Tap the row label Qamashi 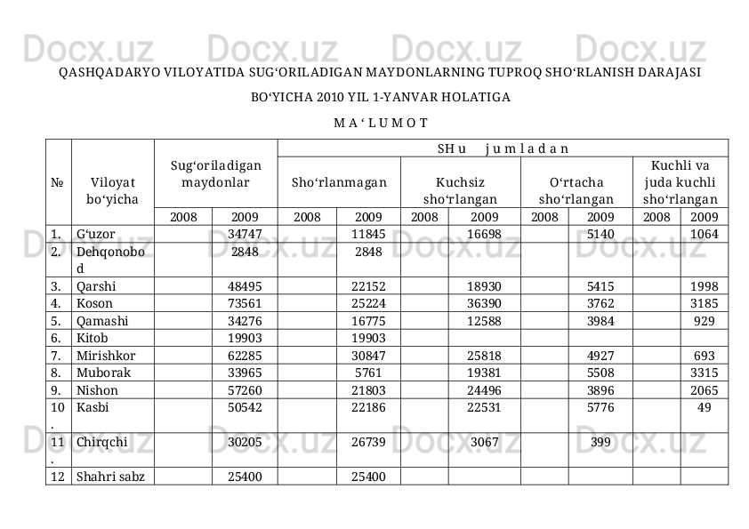(x=101, y=321)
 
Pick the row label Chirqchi (x=101, y=442)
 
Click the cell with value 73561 (x=245, y=304)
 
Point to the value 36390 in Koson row (x=484, y=304)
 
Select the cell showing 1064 (x=705, y=235)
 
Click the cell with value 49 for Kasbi (x=705, y=407)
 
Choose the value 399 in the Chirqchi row (x=600, y=442)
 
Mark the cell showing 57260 (x=245, y=389)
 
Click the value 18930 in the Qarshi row (x=484, y=286)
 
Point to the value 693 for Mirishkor (x=705, y=355)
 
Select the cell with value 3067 (x=484, y=442)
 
